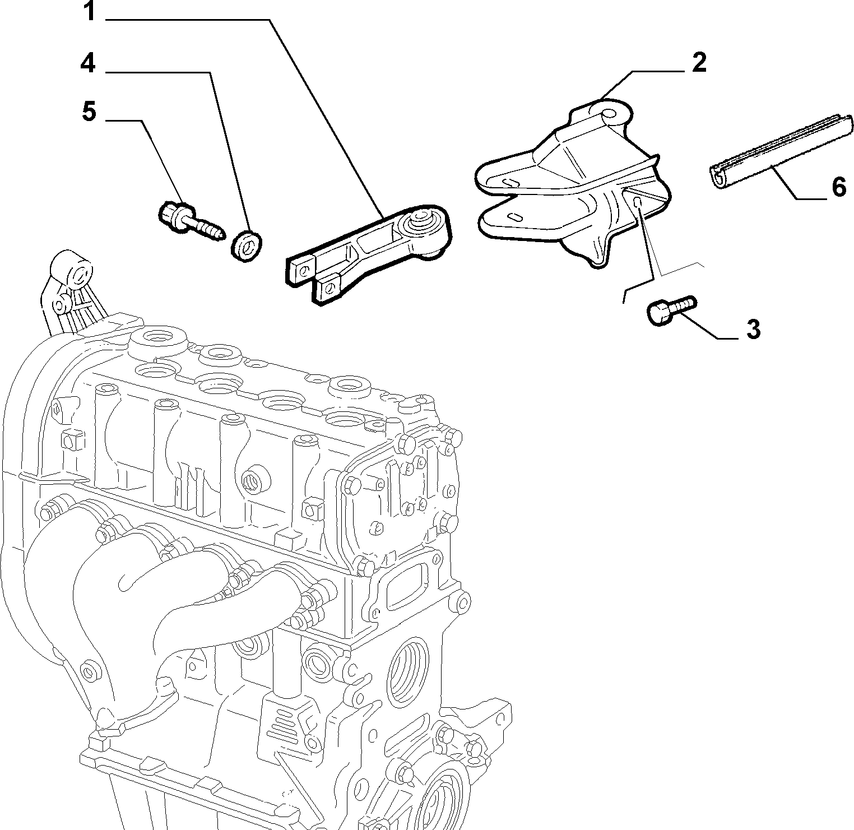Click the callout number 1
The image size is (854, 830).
pyautogui.click(x=89, y=12)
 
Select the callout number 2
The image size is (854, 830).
pyautogui.click(x=699, y=63)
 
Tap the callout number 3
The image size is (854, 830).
pyautogui.click(x=754, y=329)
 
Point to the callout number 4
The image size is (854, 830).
pyautogui.click(x=88, y=64)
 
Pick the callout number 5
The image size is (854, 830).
pyautogui.click(x=89, y=112)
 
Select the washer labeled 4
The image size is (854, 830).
pyautogui.click(x=247, y=245)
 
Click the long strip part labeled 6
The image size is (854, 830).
pyautogui.click(x=778, y=152)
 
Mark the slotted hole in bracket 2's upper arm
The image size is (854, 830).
pyautogui.click(x=512, y=182)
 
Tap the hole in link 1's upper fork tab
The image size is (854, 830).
pyautogui.click(x=303, y=271)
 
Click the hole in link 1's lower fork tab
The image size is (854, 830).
pyautogui.click(x=329, y=287)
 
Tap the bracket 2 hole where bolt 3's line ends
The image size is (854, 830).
pyautogui.click(x=637, y=201)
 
